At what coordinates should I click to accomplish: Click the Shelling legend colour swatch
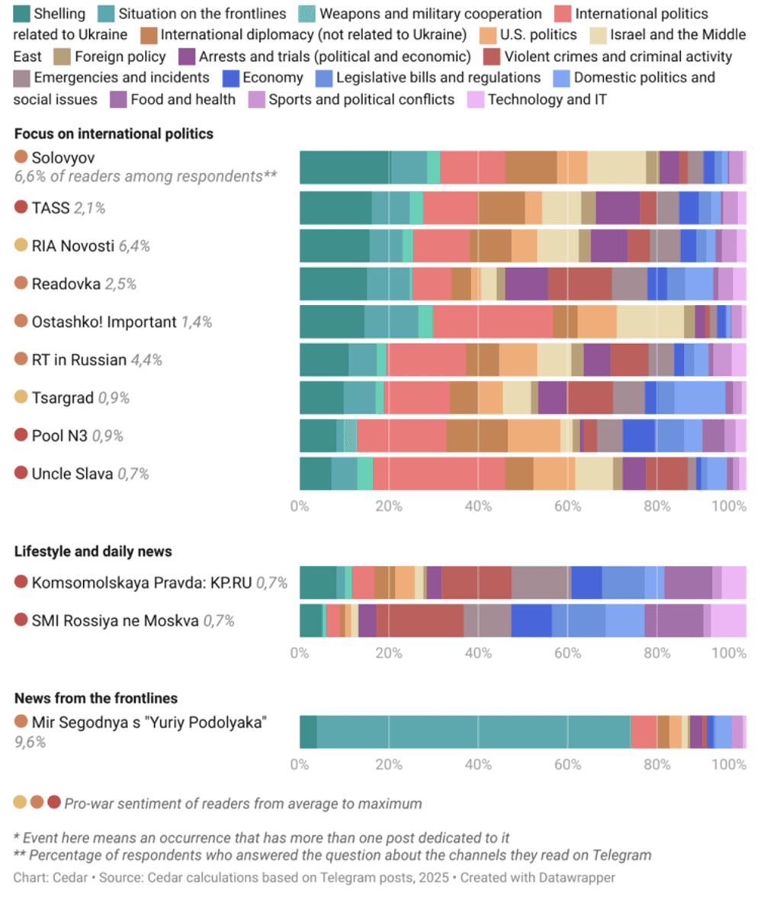coord(23,14)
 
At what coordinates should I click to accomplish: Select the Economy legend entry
coord(273,78)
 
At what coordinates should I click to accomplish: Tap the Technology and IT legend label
coord(547,99)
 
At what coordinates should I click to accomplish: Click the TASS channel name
coord(50,207)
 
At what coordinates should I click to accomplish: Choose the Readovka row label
coord(66,284)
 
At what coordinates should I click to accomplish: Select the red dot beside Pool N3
coord(21,436)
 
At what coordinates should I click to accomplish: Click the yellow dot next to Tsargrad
coord(21,397)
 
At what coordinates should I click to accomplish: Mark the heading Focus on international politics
coord(114,134)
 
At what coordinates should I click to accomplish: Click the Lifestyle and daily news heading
coord(93,551)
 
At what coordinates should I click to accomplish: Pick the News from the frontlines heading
coord(96,698)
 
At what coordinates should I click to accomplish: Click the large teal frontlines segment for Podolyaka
coord(473,732)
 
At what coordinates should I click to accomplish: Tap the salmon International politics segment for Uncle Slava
coord(438,474)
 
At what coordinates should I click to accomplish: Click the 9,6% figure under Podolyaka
coord(30,741)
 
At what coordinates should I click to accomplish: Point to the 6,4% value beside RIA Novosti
coord(135,246)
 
